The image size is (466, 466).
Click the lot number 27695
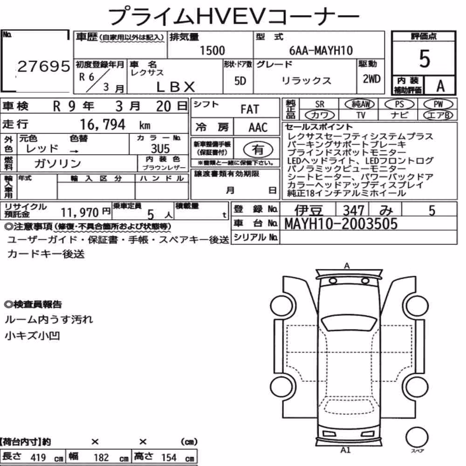click(44, 66)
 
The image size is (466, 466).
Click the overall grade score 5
click(425, 59)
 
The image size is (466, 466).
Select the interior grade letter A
click(440, 86)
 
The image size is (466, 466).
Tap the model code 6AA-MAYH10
click(321, 50)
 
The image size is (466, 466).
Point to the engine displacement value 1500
click(212, 50)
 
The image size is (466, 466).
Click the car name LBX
click(175, 87)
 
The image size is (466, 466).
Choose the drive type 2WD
click(371, 79)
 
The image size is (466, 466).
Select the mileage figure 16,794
click(103, 124)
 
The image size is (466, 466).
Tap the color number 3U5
click(160, 149)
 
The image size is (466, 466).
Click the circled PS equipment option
click(399, 104)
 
